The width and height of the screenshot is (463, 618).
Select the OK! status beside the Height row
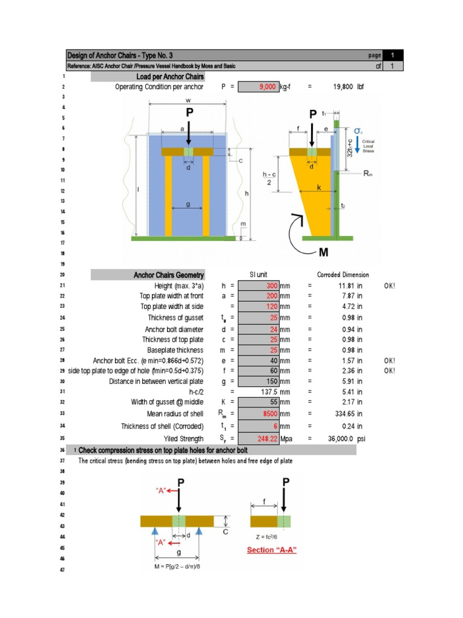coord(389,285)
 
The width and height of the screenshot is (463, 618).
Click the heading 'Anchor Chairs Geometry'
coord(169,275)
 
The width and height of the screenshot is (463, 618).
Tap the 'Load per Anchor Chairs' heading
coord(170,77)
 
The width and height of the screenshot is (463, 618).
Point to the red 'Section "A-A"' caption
coord(272,550)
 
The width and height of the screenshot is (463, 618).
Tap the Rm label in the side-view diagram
coord(369,173)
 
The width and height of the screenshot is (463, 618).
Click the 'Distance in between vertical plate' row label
coord(156,381)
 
